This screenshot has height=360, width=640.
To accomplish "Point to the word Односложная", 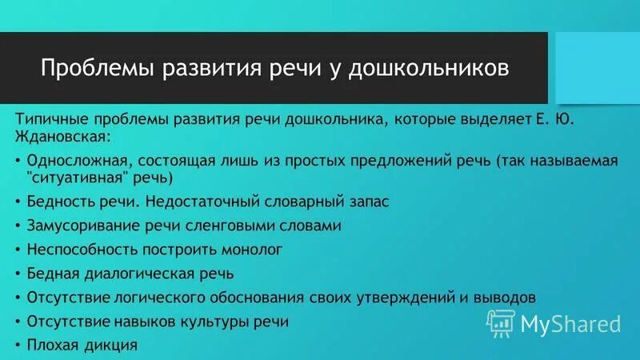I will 72,161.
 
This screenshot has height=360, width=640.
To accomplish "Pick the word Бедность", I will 57,202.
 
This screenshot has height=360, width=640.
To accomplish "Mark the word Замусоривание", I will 74,226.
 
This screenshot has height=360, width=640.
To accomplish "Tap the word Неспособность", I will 74,250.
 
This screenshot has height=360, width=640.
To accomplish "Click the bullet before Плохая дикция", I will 18,346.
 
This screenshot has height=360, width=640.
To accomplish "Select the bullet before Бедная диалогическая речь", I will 18,274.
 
